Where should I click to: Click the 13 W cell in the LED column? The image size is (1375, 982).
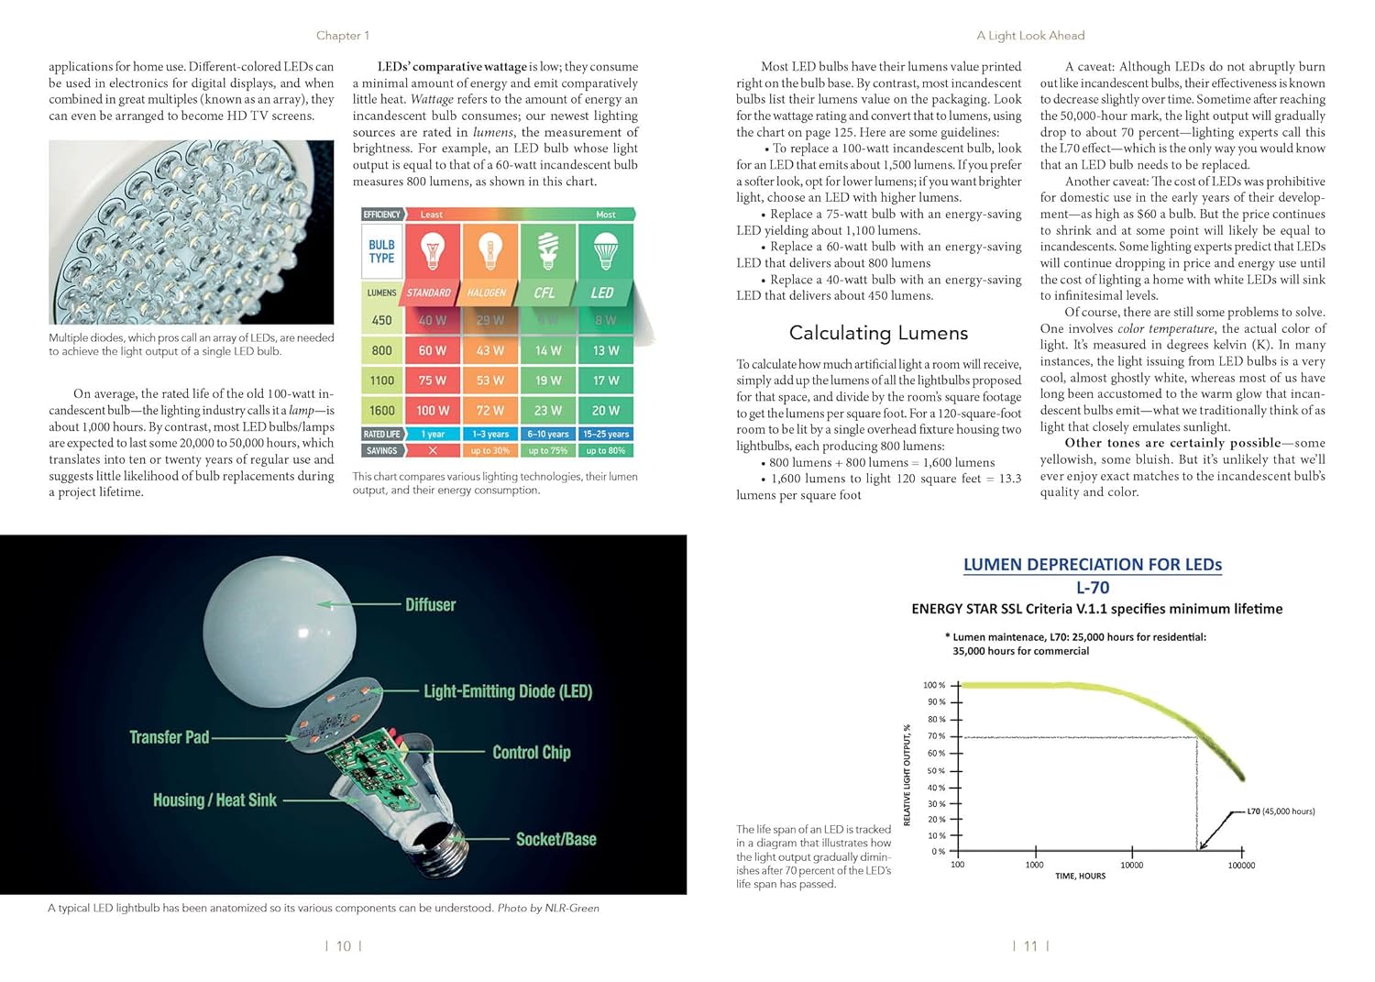[606, 350]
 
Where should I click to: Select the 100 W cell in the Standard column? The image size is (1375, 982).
[432, 410]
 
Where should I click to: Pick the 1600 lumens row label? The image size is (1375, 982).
[382, 410]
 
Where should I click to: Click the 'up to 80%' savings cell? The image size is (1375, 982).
[606, 450]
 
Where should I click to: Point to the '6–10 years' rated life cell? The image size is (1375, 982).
[548, 434]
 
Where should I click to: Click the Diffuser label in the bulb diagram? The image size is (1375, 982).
[430, 605]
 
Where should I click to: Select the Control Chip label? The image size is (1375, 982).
[531, 753]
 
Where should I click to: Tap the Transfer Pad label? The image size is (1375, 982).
[170, 737]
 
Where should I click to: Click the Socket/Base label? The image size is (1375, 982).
[555, 839]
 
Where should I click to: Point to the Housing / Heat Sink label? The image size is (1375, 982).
[214, 800]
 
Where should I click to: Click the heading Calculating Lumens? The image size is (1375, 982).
[878, 333]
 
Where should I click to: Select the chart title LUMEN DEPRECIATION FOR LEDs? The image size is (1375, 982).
[1092, 565]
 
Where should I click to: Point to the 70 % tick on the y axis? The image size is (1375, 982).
[935, 736]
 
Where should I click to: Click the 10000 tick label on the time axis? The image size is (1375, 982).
[1131, 865]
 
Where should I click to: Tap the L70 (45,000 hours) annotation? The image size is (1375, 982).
[1281, 811]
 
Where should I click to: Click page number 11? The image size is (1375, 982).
[1030, 946]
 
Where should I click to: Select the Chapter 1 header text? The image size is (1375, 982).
[342, 36]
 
